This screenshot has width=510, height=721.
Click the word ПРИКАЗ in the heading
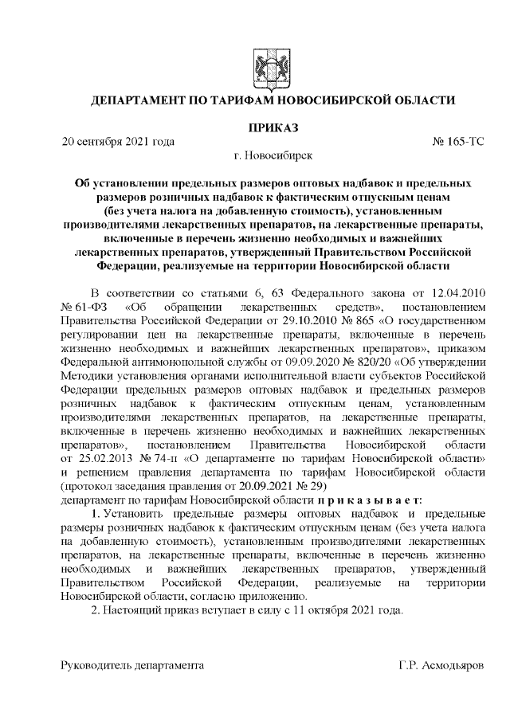tap(273, 127)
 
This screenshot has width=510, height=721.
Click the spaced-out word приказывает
tap(371, 500)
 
